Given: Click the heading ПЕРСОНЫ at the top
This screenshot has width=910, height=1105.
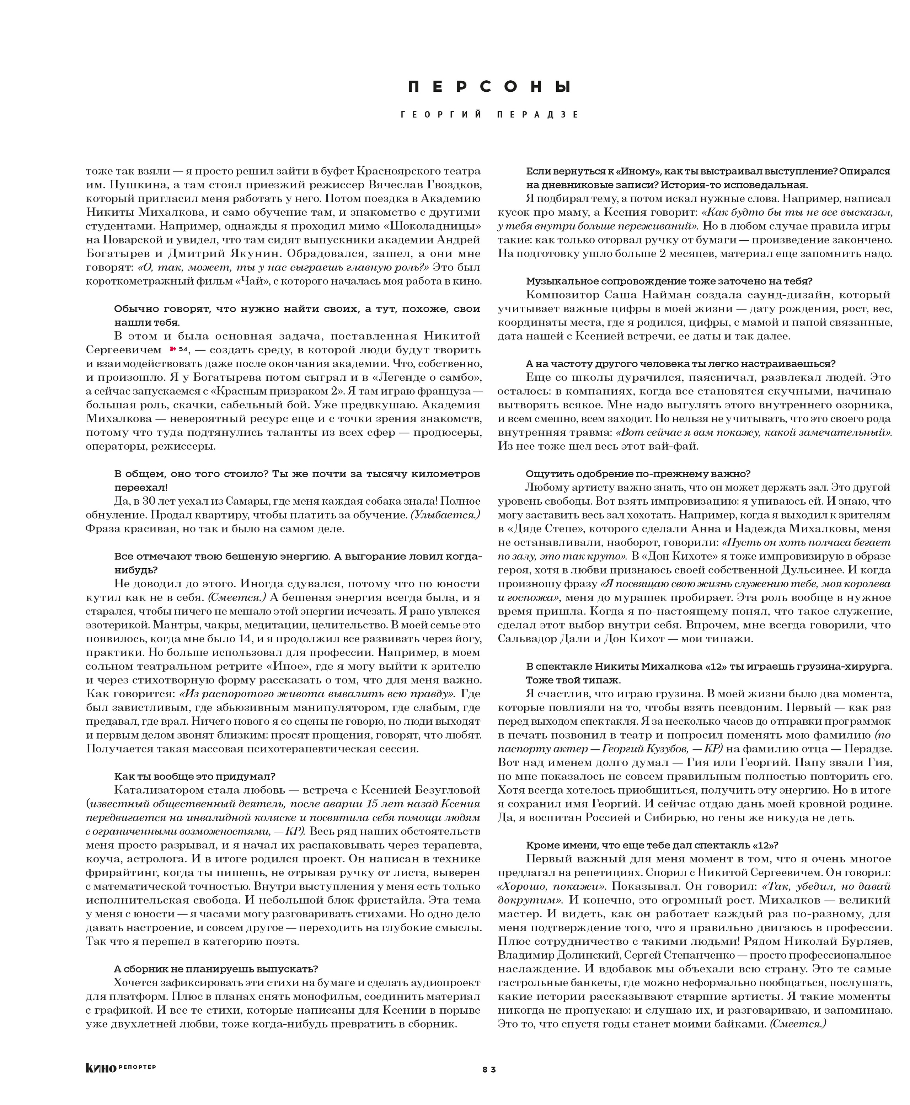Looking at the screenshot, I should (x=489, y=87).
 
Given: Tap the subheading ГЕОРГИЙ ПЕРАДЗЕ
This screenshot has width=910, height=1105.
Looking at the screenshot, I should (x=489, y=115).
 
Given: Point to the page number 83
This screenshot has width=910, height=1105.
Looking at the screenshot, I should (x=489, y=1069).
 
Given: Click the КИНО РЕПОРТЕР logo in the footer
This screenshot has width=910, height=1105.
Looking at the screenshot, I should (x=121, y=1068).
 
